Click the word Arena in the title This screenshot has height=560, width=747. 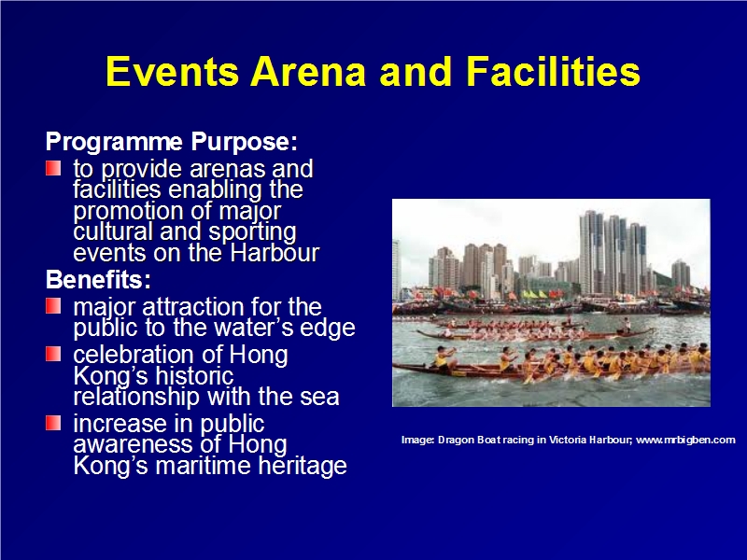tap(308, 72)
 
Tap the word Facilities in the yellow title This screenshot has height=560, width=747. tap(553, 72)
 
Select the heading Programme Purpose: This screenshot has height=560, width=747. tap(172, 142)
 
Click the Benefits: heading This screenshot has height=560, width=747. tap(98, 279)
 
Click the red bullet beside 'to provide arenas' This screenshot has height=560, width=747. tap(53, 168)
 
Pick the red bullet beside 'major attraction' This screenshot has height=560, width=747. tap(53, 306)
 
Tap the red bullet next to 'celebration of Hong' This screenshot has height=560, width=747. tap(53, 355)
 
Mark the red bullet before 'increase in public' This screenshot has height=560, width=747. tap(53, 423)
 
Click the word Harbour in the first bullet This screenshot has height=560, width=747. tap(275, 253)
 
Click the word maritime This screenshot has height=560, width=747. tap(204, 465)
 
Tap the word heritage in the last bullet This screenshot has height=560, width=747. tap(303, 466)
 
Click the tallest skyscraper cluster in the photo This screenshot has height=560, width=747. tap(613, 253)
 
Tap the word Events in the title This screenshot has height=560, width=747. tap(172, 72)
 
